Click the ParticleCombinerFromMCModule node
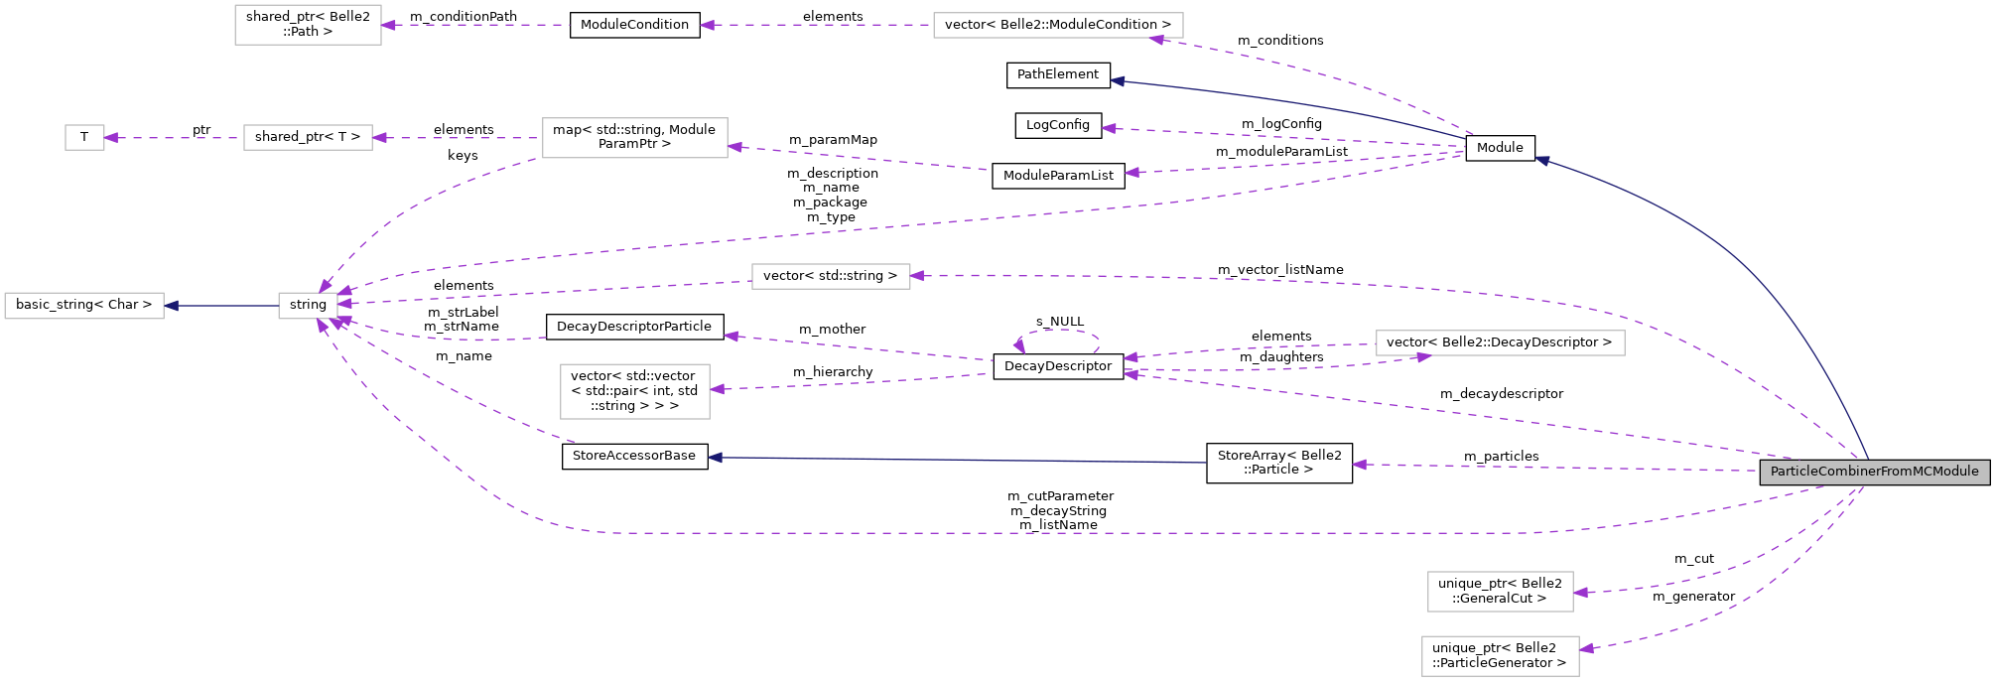pos(1874,472)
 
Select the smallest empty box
pos(84,138)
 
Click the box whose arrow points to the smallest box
pos(308,138)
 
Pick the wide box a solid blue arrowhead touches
pos(83,306)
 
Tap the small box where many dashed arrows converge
pos(308,306)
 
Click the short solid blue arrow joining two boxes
pos(220,306)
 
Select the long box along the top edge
pos(1058,26)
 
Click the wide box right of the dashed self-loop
pos(1500,343)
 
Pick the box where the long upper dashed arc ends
pos(831,276)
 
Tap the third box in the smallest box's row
pos(634,138)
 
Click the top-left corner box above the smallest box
pos(308,25)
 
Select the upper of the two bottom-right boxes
pos(1500,592)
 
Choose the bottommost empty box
pos(1500,656)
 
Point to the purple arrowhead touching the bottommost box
pos(1586,649)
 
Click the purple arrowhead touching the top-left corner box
pos(389,25)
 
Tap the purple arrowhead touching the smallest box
pos(111,138)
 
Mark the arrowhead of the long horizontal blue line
pos(715,458)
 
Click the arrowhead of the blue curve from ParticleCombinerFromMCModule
pos(1542,159)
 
